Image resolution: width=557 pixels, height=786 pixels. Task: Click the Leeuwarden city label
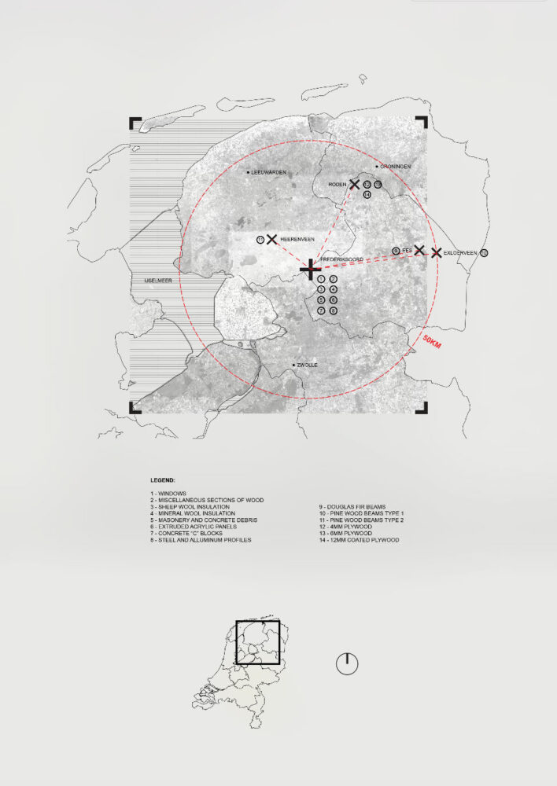coord(268,172)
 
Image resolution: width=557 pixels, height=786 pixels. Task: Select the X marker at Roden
coord(354,185)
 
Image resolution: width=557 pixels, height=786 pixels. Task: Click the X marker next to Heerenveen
coord(271,239)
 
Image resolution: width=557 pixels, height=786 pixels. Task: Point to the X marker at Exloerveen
coord(436,252)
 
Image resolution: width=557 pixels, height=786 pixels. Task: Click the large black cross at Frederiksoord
coord(310,270)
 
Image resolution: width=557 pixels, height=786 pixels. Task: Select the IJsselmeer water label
coord(147,279)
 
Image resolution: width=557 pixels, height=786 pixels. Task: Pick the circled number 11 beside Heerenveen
coord(260,239)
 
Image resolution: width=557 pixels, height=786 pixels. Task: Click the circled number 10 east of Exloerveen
coord(484,252)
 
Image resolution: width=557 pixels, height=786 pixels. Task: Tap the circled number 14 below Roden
coord(367,194)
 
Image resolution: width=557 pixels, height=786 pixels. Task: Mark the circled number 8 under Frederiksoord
coord(334,310)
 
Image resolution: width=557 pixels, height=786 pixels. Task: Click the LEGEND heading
coord(163,479)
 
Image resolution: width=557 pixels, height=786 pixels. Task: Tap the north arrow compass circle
coord(347,663)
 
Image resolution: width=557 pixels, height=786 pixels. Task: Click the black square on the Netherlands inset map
coord(257,643)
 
